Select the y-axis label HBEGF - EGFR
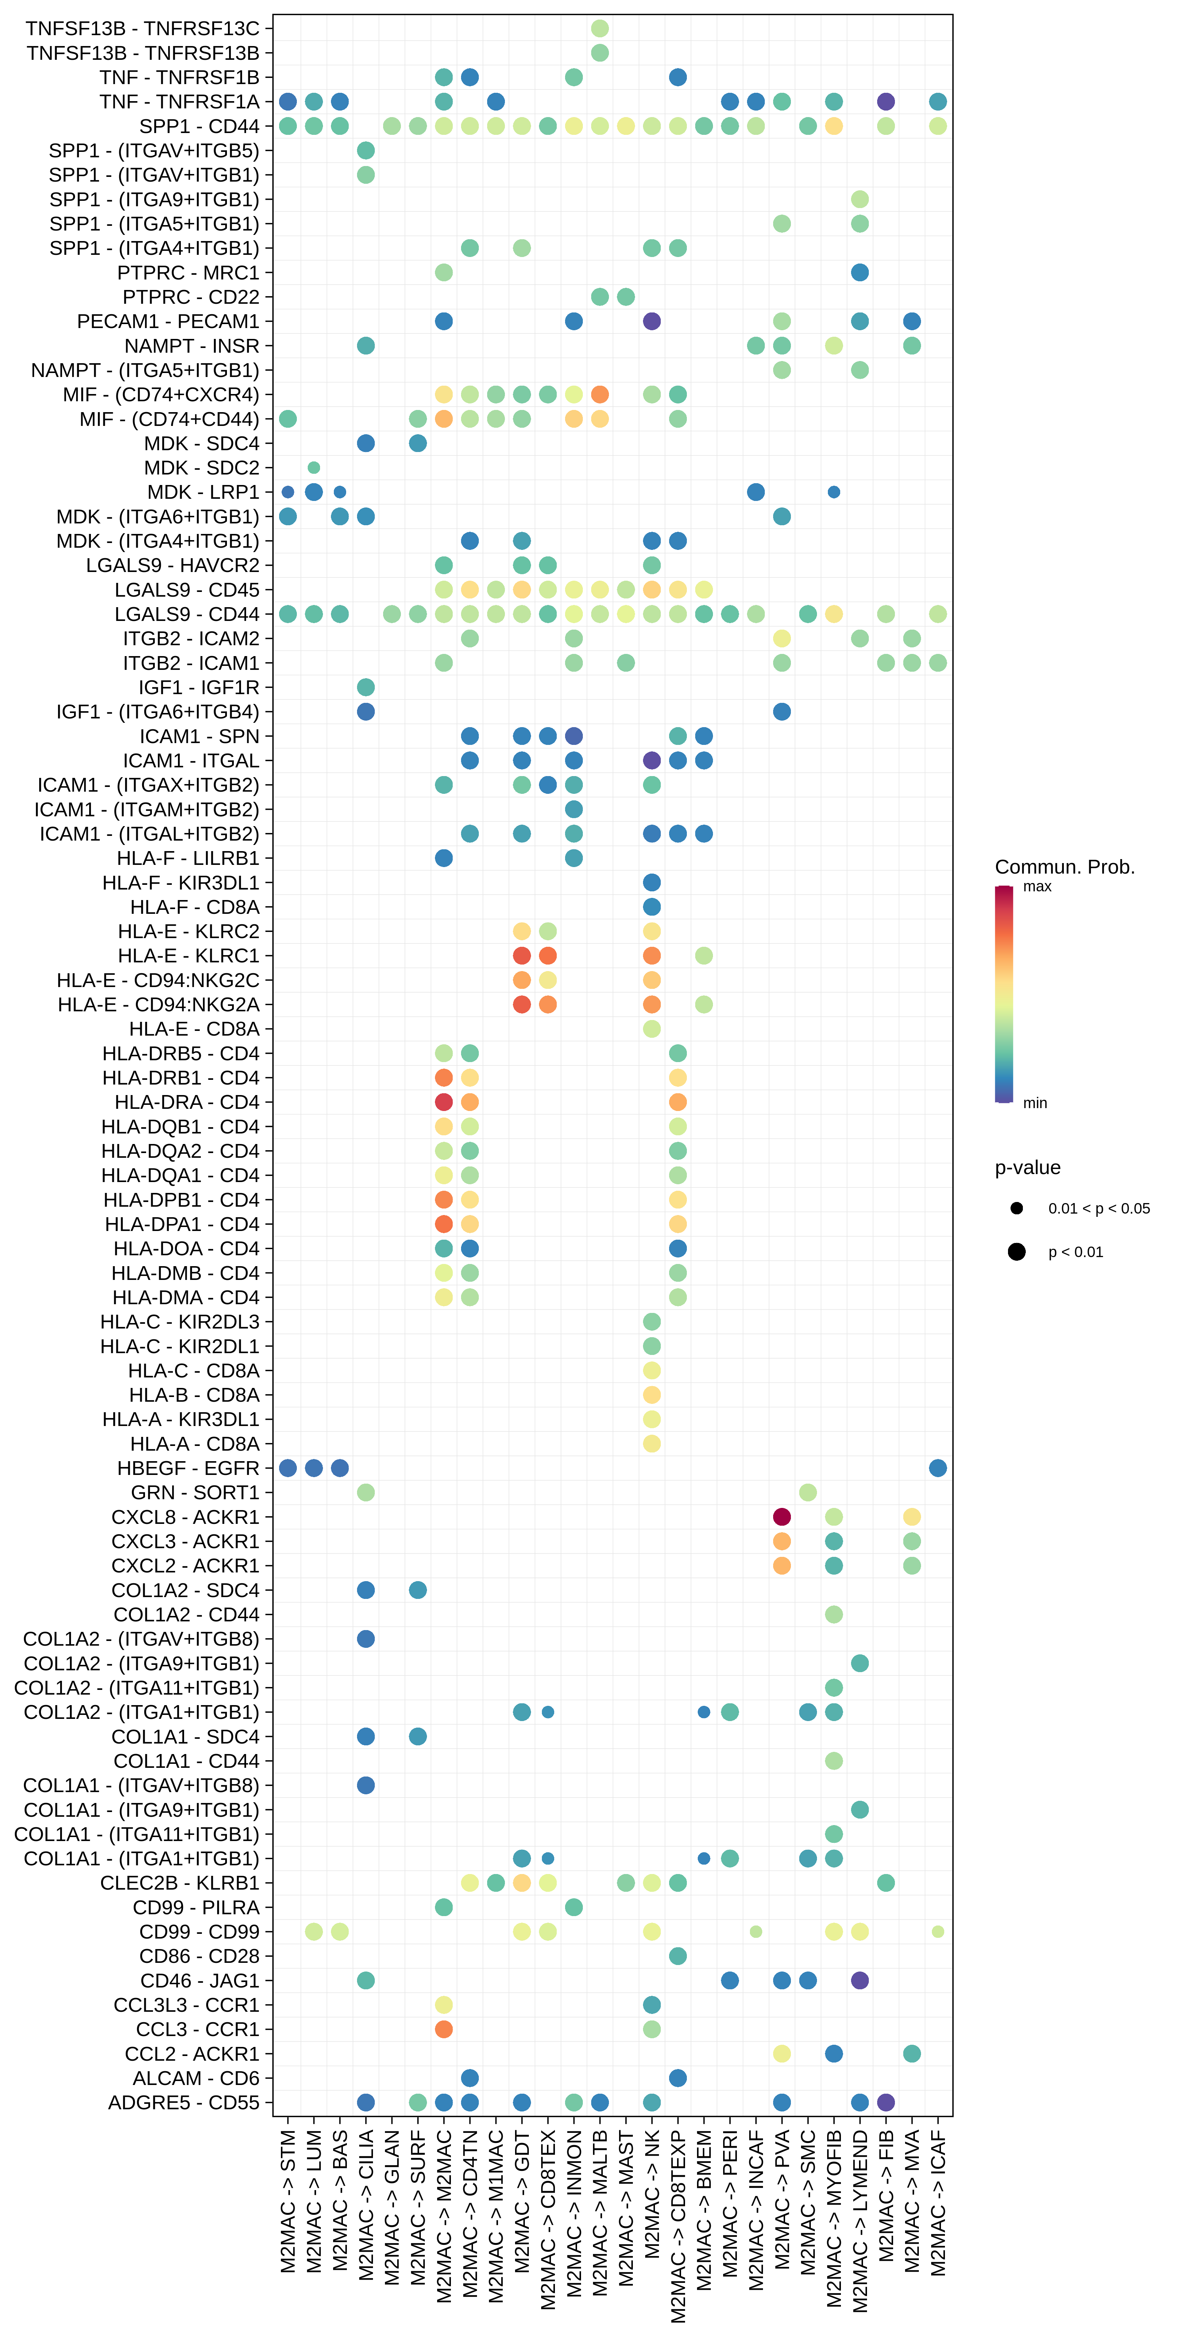coord(188,1468)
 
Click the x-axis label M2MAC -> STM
coord(288,2201)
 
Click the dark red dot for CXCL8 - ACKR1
coord(781,1517)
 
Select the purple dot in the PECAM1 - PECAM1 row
coord(652,321)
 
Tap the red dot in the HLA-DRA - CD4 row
coord(444,1102)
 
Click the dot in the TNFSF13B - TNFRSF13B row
coord(600,53)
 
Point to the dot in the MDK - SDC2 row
coord(314,467)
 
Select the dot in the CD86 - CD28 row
coord(678,1956)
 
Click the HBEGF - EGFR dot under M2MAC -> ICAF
coord(938,1468)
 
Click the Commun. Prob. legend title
coord(1065,867)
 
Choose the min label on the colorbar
coord(1034,1103)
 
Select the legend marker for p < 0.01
coord(1016,1252)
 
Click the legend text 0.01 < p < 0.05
coord(1098,1208)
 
